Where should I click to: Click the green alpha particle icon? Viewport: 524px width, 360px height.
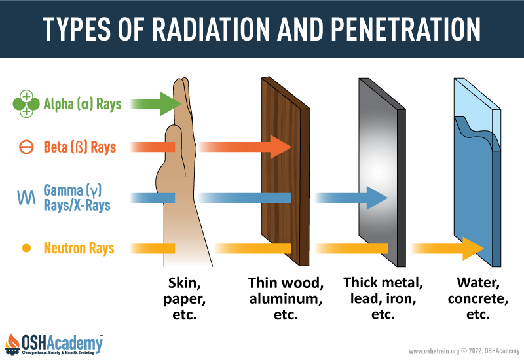point(26,104)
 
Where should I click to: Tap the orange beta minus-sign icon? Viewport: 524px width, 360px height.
point(26,147)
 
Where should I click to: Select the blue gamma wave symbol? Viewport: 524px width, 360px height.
point(26,198)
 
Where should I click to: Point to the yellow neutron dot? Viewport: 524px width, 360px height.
point(26,248)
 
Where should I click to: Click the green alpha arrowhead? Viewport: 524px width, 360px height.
point(171,104)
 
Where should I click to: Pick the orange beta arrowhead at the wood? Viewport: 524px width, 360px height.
point(280,147)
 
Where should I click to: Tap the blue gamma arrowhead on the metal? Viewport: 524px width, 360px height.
point(377,198)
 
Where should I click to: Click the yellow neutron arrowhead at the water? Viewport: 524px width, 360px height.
point(473,249)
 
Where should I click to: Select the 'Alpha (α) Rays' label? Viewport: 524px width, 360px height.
point(83,104)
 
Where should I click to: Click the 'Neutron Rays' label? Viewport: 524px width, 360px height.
point(79,248)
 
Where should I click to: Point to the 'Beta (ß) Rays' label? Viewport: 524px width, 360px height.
point(80,147)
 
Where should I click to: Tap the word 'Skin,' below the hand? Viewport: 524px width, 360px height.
point(185,283)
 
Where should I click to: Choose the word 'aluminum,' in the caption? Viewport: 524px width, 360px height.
point(286,298)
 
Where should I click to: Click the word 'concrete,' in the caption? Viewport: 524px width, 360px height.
point(478,298)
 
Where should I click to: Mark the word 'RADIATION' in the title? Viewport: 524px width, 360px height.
point(211,29)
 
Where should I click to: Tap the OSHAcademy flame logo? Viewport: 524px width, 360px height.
point(12,344)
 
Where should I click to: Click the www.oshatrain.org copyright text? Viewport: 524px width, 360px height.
point(464,351)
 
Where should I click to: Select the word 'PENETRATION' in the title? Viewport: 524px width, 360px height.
point(405,29)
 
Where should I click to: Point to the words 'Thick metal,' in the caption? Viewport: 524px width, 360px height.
point(383,283)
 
